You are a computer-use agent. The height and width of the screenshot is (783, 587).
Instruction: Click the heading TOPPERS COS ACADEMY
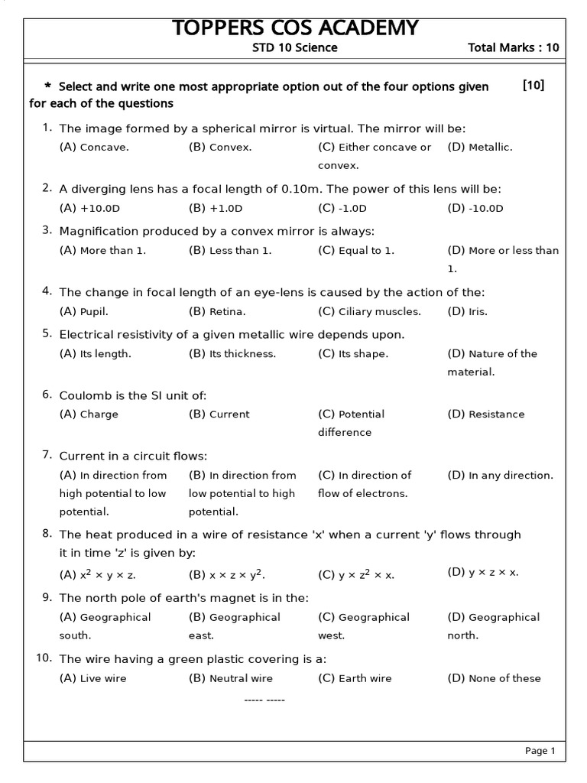point(295,28)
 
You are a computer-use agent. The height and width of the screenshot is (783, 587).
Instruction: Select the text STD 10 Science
point(295,47)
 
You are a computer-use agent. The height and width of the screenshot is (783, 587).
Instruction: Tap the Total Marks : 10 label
point(513,47)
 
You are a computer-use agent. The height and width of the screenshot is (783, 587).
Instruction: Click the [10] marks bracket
point(533,86)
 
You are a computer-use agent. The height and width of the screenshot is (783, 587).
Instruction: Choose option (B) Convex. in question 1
point(220,147)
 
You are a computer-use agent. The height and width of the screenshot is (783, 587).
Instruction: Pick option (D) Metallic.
point(480,147)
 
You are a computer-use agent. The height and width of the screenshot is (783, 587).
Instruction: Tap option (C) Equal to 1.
point(356,250)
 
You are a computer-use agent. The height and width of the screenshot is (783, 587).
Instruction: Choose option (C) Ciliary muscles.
point(369,311)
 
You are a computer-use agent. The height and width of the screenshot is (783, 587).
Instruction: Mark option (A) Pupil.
point(84,311)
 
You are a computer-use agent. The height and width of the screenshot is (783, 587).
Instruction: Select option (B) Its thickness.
point(232,353)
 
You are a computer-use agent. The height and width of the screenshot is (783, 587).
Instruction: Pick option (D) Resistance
point(486,414)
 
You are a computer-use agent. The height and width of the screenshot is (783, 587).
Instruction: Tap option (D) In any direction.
point(500,475)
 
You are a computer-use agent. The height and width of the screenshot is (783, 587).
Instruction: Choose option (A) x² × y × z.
point(98,574)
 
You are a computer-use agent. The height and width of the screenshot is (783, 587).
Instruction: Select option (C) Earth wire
point(355,678)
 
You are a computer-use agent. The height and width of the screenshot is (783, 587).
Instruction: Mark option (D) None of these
point(494,678)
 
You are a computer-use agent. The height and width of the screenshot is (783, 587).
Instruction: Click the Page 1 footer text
point(540,751)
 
